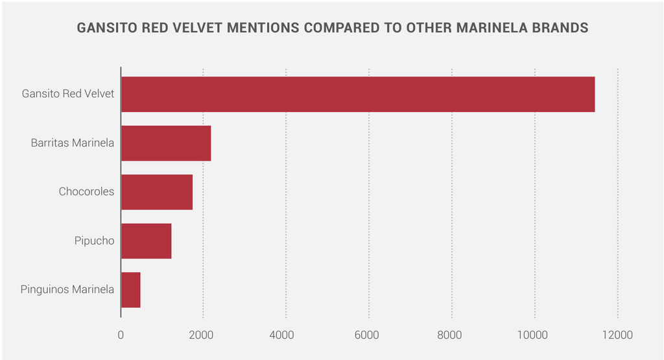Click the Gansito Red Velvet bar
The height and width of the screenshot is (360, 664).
tap(357, 94)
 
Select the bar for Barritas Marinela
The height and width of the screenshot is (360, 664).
tap(166, 143)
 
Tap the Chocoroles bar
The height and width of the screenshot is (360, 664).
tap(157, 192)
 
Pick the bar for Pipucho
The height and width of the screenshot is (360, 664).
tap(146, 241)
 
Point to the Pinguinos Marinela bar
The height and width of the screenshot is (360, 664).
tap(131, 290)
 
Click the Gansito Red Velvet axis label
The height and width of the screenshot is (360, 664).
tap(68, 94)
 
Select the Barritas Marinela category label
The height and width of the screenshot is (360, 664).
tap(73, 143)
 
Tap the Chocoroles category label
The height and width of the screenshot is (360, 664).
tap(86, 192)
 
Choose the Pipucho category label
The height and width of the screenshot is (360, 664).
tap(94, 241)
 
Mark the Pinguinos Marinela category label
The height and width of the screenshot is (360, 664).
tap(67, 290)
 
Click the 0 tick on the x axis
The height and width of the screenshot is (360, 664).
tap(121, 335)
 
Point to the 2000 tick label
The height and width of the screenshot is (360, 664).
tap(203, 335)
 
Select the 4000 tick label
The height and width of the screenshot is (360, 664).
tap(286, 335)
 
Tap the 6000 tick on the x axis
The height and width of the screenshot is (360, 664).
tap(369, 335)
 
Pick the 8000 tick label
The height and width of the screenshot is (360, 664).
tap(451, 335)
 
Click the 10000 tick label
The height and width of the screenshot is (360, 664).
tap(534, 335)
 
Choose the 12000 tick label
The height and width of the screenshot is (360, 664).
tap(617, 335)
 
